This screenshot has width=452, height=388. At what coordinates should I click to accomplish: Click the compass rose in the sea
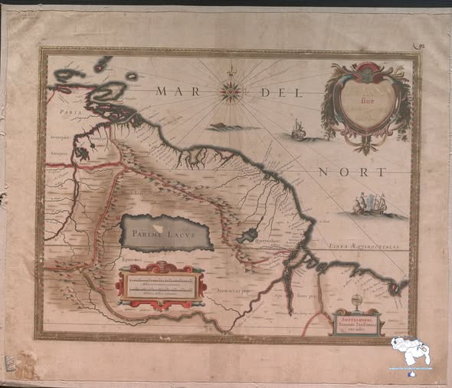229,92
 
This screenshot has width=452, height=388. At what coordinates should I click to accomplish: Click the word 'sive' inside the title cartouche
365,97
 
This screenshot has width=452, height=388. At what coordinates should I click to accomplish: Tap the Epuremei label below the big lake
132,261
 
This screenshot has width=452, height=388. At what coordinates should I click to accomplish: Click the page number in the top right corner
418,48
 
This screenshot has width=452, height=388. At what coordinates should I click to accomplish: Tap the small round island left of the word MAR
132,76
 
